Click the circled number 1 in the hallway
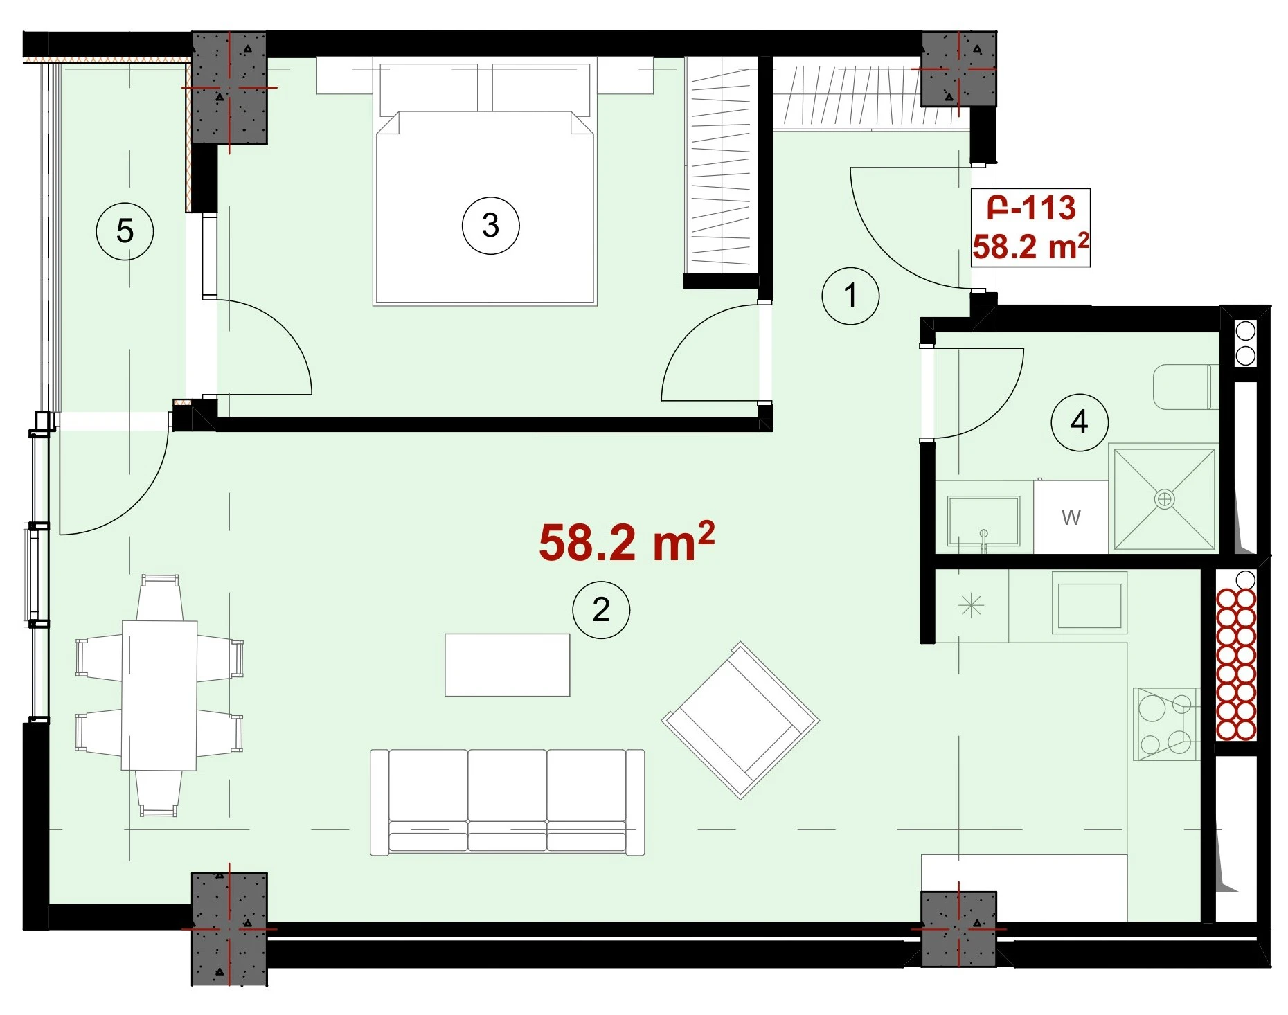850,296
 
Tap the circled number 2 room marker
601,609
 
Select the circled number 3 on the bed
490,226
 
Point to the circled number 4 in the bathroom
1080,422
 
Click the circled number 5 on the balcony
125,231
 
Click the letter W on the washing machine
1071,517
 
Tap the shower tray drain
1165,499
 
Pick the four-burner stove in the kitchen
1166,724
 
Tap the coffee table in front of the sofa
508,665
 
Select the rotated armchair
740,720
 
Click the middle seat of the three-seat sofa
508,801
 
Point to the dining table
159,695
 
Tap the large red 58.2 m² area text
627,542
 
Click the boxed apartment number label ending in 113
1031,228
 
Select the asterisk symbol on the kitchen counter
972,607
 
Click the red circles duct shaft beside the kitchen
1236,664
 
